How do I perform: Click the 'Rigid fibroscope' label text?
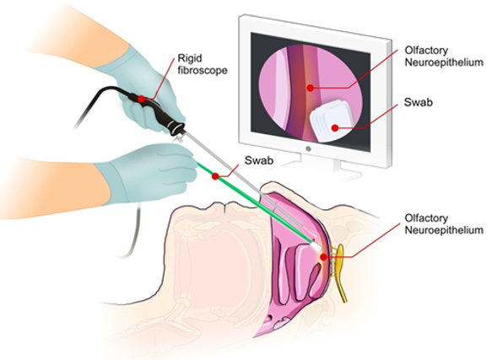click(x=203, y=64)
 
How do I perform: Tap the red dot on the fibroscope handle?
click(x=141, y=99)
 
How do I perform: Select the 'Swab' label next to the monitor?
click(x=419, y=102)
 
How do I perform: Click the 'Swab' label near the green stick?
click(x=259, y=160)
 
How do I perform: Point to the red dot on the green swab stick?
click(x=215, y=176)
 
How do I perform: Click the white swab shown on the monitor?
click(x=331, y=121)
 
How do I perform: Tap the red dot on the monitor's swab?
click(x=335, y=127)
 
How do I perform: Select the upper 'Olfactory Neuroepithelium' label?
click(x=444, y=56)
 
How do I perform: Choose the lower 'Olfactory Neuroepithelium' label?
click(x=444, y=224)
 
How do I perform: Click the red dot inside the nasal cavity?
click(x=323, y=257)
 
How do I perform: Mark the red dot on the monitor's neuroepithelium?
click(x=310, y=89)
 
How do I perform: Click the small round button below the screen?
click(x=308, y=149)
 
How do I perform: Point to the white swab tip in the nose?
click(x=316, y=246)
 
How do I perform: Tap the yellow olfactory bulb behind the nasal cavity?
click(x=341, y=273)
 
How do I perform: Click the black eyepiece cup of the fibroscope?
click(x=176, y=128)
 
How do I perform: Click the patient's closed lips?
click(x=225, y=208)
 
